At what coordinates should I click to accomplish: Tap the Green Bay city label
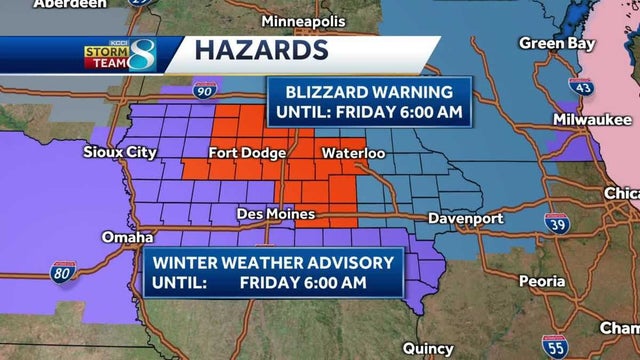click(x=556, y=43)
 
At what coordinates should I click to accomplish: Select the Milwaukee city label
click(x=588, y=120)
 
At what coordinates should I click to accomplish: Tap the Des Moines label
click(x=276, y=214)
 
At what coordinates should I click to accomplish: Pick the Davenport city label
click(x=463, y=216)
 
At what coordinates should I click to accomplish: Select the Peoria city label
click(x=547, y=282)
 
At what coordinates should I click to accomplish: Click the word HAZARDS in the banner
click(x=259, y=49)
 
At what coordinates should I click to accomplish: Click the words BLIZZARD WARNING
click(x=368, y=89)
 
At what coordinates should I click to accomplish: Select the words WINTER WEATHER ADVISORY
click(x=271, y=263)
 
